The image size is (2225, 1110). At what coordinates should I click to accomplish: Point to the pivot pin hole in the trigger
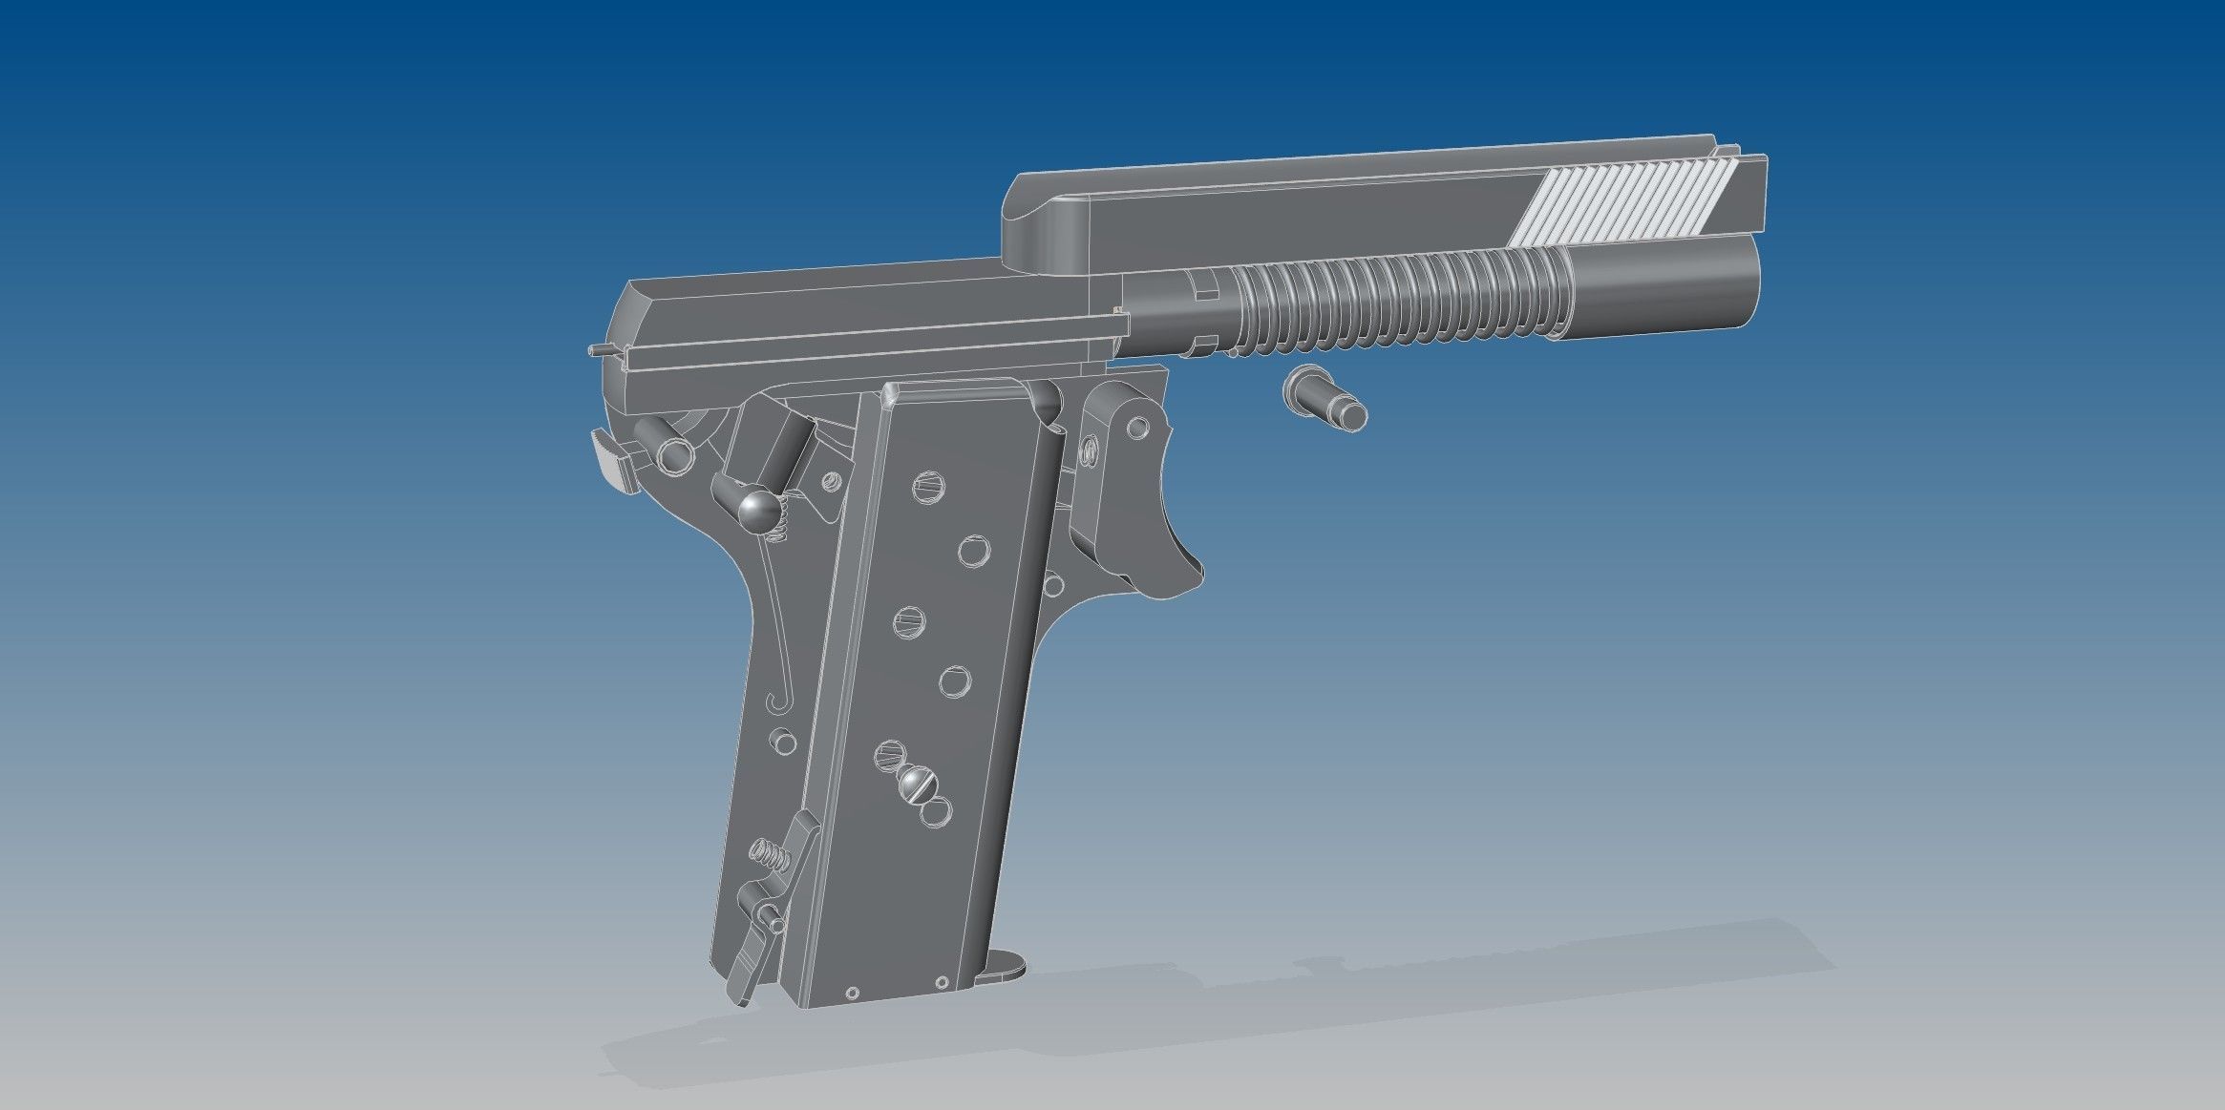tap(1138, 427)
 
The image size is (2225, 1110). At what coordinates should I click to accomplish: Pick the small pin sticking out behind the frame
tap(600, 352)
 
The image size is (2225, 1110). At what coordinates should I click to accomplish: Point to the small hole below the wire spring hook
tap(783, 740)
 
